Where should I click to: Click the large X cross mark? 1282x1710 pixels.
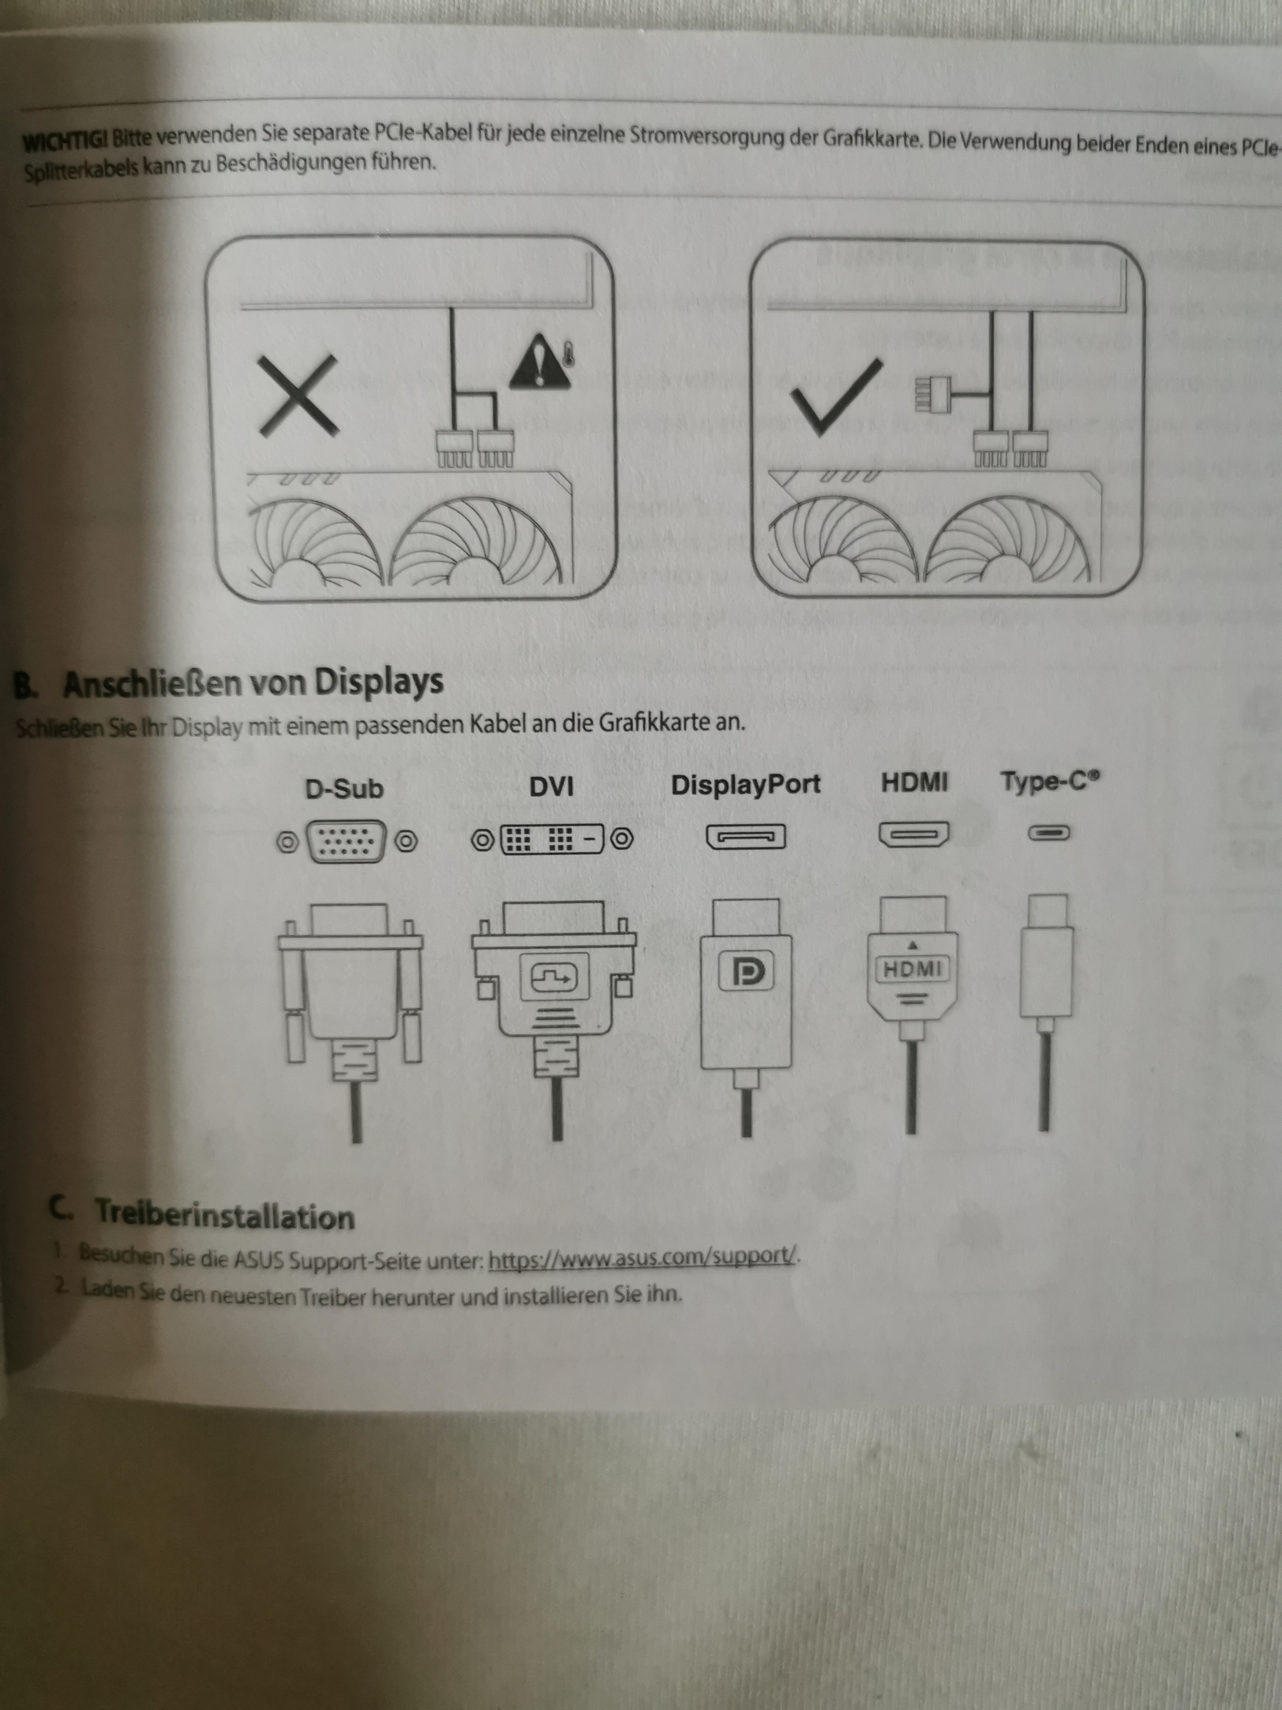298,395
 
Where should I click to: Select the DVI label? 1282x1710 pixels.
552,787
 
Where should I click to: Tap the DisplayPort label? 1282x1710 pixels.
745,785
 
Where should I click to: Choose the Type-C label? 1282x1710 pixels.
1050,781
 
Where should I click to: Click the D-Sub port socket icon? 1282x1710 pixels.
347,841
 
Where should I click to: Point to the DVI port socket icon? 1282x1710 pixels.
552,838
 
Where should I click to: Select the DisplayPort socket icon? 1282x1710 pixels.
745,836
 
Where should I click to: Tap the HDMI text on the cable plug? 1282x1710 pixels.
913,968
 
